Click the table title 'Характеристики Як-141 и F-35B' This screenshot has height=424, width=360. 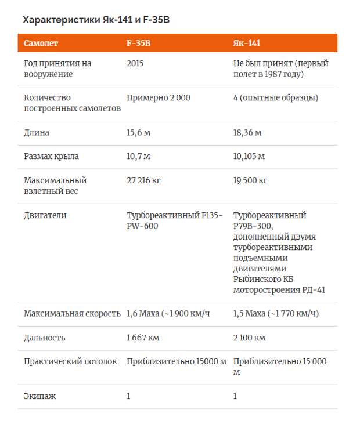[96, 20]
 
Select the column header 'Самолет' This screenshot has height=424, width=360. [41, 44]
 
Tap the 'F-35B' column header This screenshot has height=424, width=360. [139, 44]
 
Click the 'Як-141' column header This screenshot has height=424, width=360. [247, 44]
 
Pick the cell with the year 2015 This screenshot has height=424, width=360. [135, 64]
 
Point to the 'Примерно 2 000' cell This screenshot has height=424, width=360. [159, 98]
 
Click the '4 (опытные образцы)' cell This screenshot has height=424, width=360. [275, 98]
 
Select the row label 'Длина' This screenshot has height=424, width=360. [37, 133]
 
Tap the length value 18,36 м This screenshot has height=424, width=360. [247, 133]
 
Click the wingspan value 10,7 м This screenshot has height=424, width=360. [139, 157]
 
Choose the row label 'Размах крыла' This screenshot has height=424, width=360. [51, 157]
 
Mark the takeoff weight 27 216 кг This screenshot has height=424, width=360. [143, 180]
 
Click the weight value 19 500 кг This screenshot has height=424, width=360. [250, 180]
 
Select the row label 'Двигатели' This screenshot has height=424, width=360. [45, 215]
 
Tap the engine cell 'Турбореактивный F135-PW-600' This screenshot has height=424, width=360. [174, 220]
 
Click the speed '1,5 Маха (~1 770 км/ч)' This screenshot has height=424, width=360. [276, 314]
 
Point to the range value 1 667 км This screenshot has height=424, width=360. [143, 338]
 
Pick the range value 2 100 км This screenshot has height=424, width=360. [250, 338]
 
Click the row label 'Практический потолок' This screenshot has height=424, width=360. [70, 361]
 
